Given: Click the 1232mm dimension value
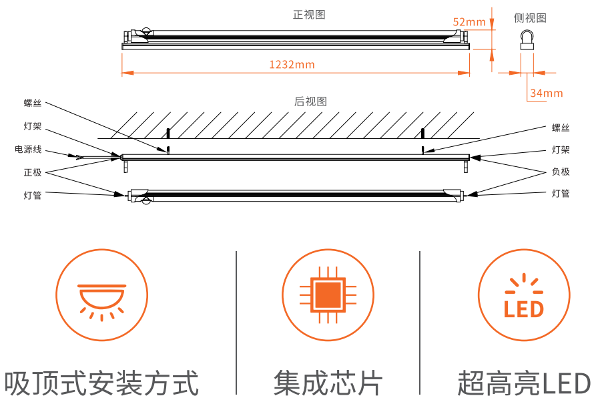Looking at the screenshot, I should click(292, 65).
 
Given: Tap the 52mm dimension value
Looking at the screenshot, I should click(469, 22).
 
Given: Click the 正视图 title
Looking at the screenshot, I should click(309, 15).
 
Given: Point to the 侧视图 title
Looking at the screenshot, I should click(530, 18).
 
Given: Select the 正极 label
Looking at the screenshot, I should click(33, 172).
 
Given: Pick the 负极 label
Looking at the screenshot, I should click(561, 172).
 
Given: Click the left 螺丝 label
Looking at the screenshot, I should click(33, 103).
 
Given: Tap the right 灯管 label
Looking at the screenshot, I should click(561, 194).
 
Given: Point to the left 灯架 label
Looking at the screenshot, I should click(33, 126).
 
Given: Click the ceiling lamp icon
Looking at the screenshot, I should click(101, 295).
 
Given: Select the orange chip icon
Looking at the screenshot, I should click(328, 294).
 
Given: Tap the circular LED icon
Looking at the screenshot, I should click(524, 294).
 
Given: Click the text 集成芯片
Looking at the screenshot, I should click(328, 384).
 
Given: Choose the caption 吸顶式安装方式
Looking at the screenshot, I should click(101, 384).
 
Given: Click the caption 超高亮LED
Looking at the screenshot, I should click(524, 384).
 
